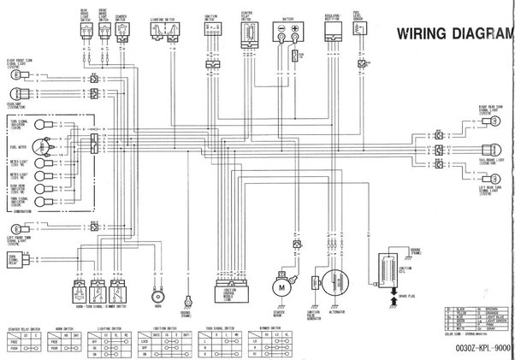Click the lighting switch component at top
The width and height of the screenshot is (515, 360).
coord(164,32)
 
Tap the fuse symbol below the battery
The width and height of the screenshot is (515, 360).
coord(293,57)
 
